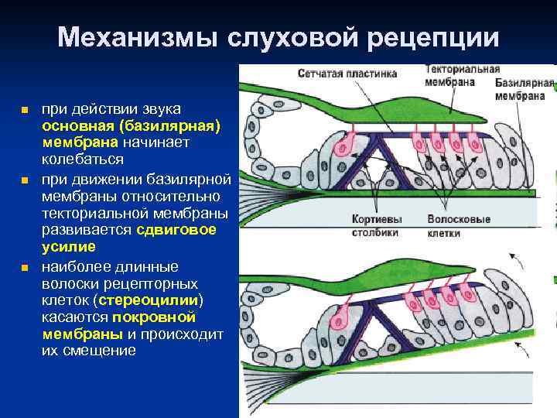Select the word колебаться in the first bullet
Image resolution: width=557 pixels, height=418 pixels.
(x=83, y=159)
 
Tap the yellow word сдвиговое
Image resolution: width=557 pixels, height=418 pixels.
(x=176, y=230)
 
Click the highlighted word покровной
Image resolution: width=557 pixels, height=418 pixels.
(x=154, y=317)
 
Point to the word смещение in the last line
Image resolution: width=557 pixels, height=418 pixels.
(x=101, y=351)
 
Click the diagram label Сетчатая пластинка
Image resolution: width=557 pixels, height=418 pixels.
(x=347, y=74)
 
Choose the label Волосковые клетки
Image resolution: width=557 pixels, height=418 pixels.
(x=458, y=225)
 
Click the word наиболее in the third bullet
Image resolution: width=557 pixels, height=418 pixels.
(x=71, y=266)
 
